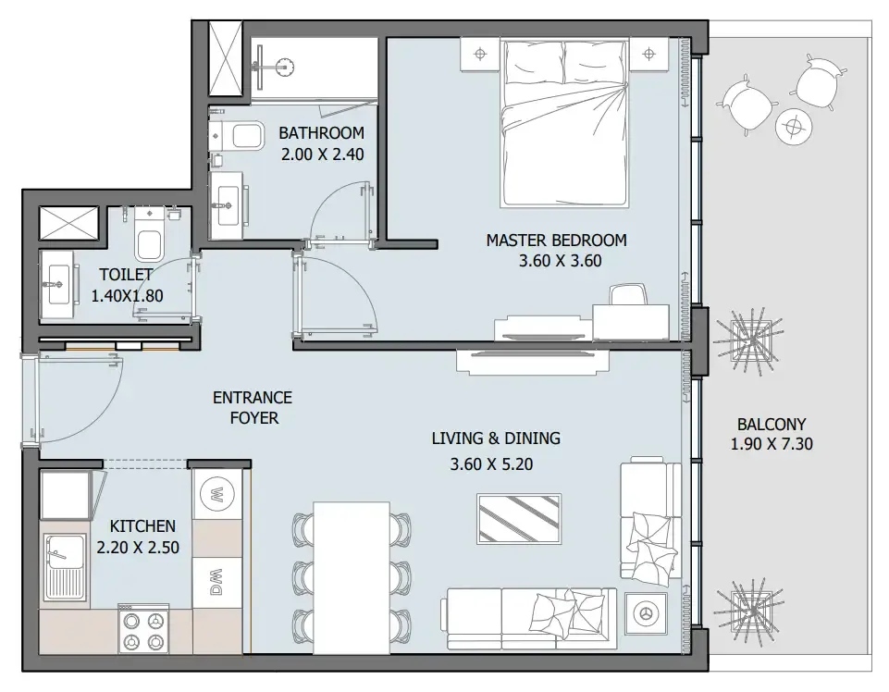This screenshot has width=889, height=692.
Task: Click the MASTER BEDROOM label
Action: (x=556, y=241)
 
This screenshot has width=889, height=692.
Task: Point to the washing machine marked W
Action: (x=218, y=492)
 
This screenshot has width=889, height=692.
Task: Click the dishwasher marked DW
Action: (x=218, y=581)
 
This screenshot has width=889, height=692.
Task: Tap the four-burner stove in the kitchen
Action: (x=143, y=628)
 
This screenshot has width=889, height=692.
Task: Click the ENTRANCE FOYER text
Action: (x=252, y=407)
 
